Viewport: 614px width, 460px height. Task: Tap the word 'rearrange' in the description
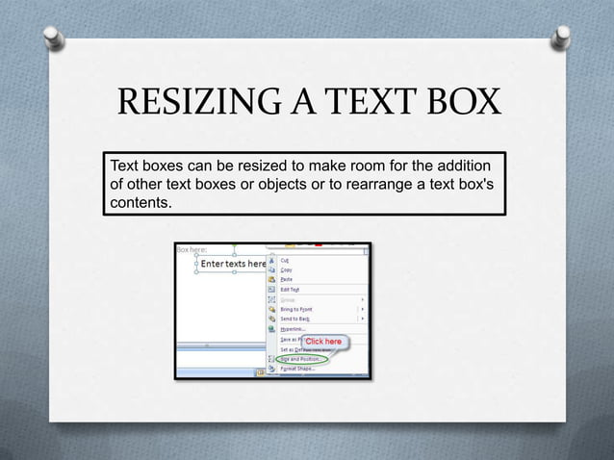pos(375,184)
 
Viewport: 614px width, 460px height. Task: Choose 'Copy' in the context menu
pos(287,270)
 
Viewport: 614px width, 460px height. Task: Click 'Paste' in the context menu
pos(287,280)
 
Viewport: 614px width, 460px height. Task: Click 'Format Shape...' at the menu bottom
pos(298,369)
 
